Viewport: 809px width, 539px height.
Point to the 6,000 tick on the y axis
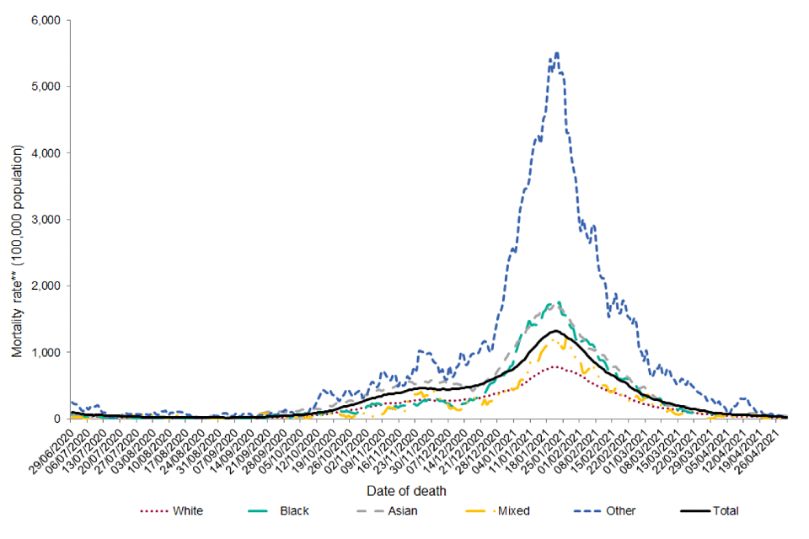45,20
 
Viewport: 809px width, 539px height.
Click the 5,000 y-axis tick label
45,87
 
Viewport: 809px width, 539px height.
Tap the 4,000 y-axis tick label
45,153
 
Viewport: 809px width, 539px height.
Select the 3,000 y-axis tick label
45,220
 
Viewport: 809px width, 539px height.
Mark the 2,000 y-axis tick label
45,286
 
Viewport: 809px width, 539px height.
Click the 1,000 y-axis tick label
45,353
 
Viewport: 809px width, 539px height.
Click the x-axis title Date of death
407,490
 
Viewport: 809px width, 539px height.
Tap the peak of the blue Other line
556,53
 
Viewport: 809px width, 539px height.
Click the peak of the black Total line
555,331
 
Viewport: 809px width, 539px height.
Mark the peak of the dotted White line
555,366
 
